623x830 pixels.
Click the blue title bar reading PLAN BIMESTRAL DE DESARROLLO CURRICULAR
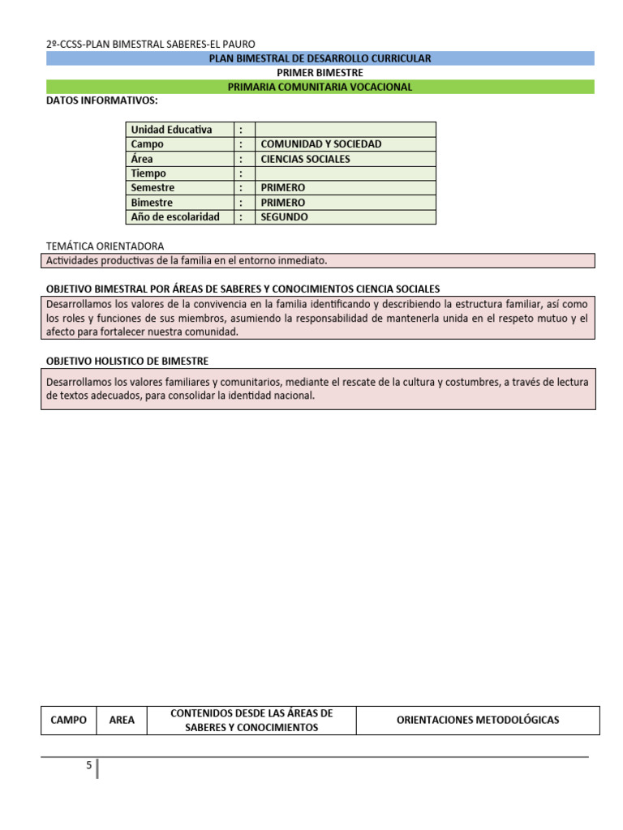point(320,58)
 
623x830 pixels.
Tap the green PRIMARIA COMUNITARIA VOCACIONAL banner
point(320,87)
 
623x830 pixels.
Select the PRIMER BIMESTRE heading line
point(320,72)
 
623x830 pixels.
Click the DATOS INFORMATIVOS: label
point(102,101)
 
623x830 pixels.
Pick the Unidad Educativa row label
point(171,130)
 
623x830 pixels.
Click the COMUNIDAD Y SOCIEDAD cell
point(321,144)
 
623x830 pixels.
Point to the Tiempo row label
point(148,173)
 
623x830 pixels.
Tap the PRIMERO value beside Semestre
point(283,188)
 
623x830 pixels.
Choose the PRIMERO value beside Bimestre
point(283,203)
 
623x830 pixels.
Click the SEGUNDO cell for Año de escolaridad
point(285,217)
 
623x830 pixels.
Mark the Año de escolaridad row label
point(175,217)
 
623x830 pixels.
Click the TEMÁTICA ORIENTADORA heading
point(105,246)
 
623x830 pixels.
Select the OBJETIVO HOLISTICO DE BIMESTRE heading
point(128,361)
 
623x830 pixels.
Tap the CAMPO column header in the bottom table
point(68,720)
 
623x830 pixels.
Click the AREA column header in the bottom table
point(122,720)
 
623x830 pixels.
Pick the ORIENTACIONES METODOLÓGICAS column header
point(478,720)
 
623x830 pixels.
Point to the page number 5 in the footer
point(89,765)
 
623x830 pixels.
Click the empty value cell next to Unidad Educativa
point(346,130)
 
